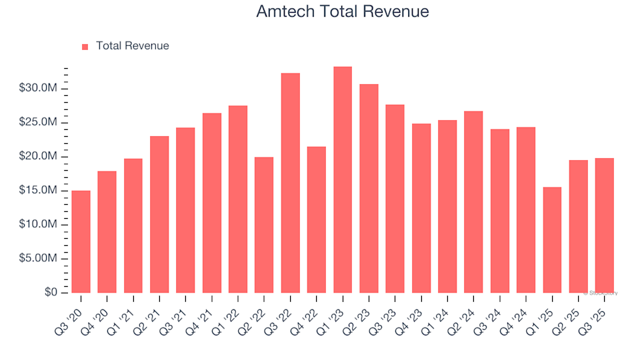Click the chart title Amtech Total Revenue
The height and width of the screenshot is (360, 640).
click(x=343, y=11)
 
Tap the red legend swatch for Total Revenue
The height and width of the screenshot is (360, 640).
click(x=85, y=47)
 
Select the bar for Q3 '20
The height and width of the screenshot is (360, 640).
click(x=81, y=241)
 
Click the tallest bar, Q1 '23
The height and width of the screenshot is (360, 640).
click(x=343, y=179)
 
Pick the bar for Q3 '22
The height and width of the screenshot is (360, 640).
click(x=290, y=183)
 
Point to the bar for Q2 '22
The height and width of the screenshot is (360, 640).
click(x=264, y=225)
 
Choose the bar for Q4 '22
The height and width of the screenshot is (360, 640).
click(x=317, y=219)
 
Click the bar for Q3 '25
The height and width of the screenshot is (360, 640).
click(x=604, y=225)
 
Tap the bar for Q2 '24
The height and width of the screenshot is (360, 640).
click(x=473, y=201)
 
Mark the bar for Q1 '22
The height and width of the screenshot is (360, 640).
click(x=238, y=199)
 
